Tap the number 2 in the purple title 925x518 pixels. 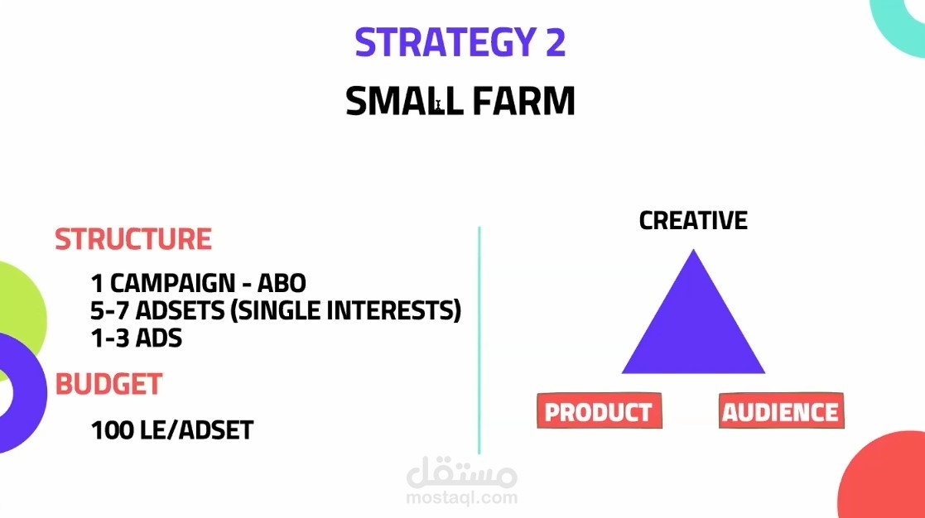(x=555, y=42)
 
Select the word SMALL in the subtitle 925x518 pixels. (x=404, y=101)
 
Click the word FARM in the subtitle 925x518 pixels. (x=524, y=101)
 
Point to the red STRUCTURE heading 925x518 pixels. (x=133, y=239)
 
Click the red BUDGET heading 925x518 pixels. (x=108, y=384)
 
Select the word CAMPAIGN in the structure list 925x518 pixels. (x=172, y=284)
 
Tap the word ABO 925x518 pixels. (x=282, y=284)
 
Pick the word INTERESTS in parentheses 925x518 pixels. (x=397, y=310)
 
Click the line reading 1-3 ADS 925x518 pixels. (x=137, y=338)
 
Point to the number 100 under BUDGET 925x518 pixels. (x=113, y=430)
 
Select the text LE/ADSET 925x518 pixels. (x=197, y=430)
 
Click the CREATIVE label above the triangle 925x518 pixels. (x=693, y=220)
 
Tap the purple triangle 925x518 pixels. (x=693, y=330)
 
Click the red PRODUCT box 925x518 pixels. (x=600, y=410)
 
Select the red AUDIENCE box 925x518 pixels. (x=781, y=410)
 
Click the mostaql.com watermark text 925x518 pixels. (x=462, y=498)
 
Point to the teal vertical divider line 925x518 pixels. (x=479, y=340)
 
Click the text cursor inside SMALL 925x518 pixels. (x=438, y=106)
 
